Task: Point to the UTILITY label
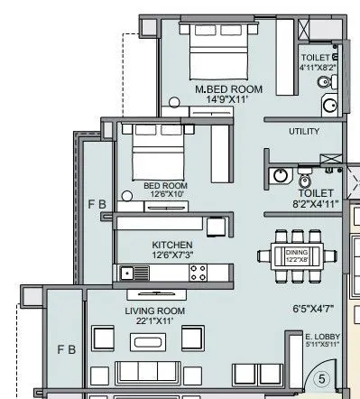coord(303,132)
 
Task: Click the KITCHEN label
coord(172,244)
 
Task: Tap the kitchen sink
coord(128,272)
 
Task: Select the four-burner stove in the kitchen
coord(198,271)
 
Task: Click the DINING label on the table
coord(297,252)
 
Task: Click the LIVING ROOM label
coord(154,311)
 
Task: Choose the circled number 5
coord(324,382)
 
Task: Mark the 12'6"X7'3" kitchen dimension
coord(171,255)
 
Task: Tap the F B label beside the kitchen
coord(97,206)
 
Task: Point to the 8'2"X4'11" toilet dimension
coord(315,205)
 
